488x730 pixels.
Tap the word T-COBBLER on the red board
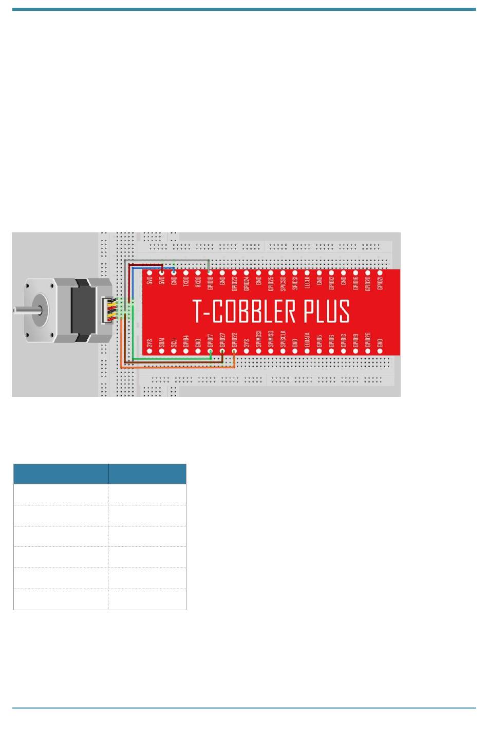coord(245,312)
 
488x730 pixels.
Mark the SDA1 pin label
coord(162,342)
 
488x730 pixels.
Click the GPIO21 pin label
coord(380,283)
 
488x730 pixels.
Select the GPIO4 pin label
coord(186,342)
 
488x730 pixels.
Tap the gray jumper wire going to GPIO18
coord(164,261)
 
